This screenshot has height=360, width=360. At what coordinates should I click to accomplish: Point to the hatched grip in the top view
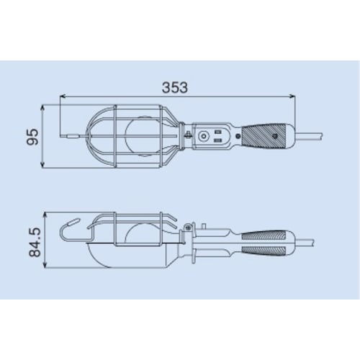click(264, 135)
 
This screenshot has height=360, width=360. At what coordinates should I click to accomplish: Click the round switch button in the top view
click(205, 135)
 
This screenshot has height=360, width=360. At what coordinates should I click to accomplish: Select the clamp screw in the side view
click(188, 229)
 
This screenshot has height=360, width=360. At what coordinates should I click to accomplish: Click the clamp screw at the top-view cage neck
click(186, 135)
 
